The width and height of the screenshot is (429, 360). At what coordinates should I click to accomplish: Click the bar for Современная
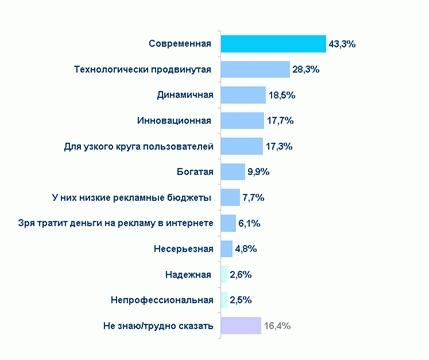[272, 44]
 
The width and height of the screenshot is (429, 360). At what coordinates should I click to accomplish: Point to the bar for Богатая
[232, 172]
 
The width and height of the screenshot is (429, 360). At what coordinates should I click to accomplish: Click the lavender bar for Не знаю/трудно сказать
[240, 325]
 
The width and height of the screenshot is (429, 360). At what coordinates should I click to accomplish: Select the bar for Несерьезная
[226, 248]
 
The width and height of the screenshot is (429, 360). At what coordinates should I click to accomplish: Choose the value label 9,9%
[259, 172]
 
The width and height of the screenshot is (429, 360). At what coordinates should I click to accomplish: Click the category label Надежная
[187, 274]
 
